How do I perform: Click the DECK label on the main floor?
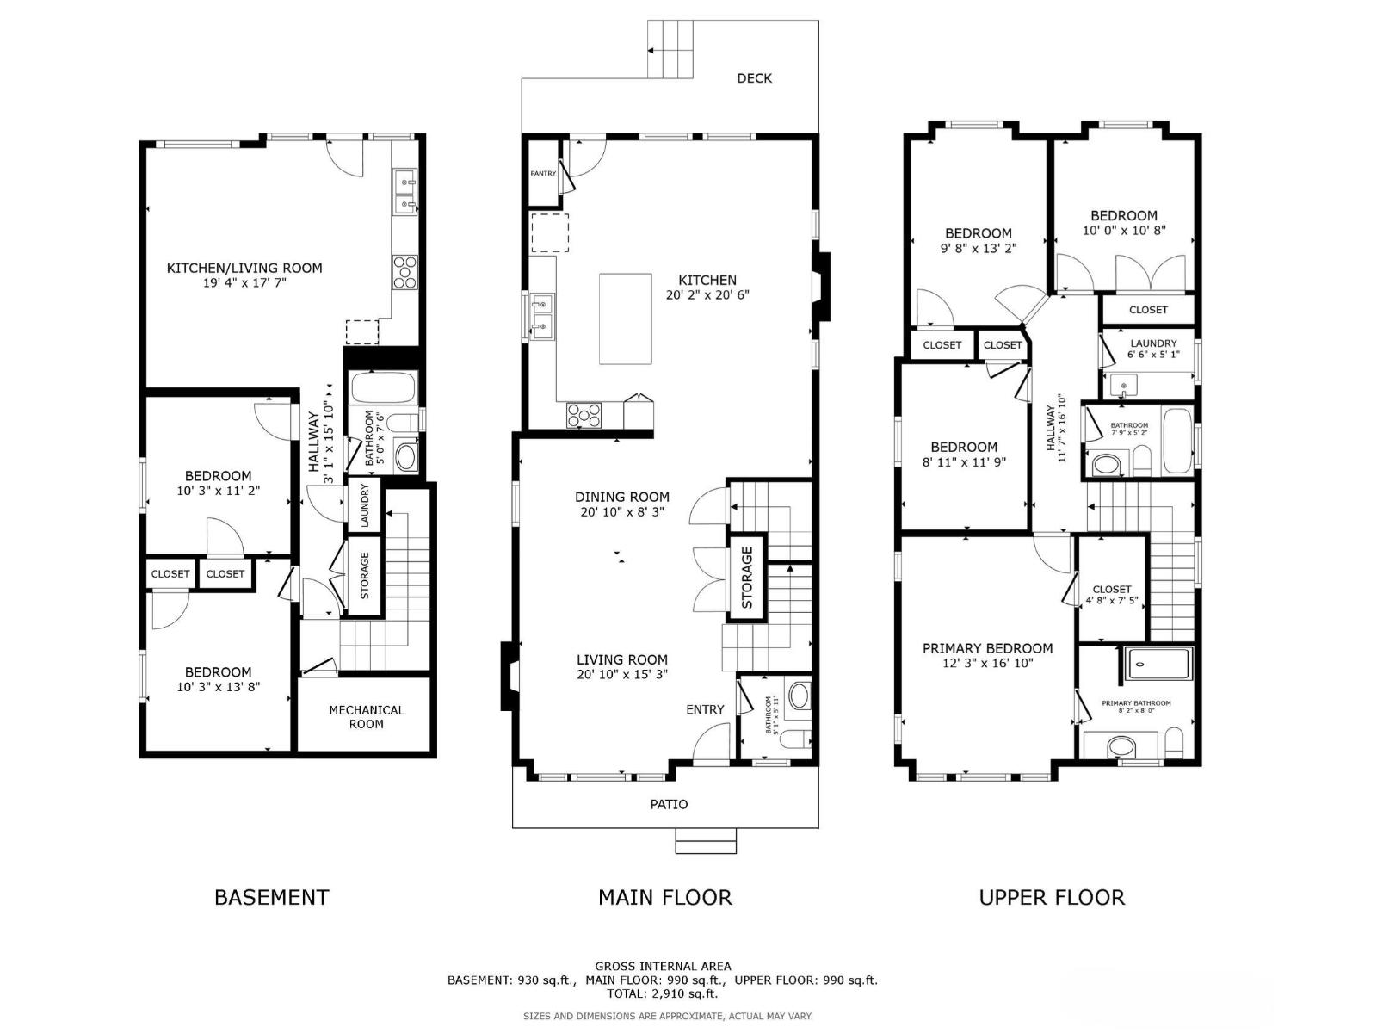coord(755,78)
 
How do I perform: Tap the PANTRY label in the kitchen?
coord(543,173)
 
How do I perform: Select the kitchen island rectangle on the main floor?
coord(626,319)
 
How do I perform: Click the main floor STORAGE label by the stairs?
coord(747,578)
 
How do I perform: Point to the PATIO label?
coord(669,804)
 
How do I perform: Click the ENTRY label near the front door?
coord(705,709)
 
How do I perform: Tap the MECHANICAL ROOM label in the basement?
coord(366,716)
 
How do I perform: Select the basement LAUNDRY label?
coord(364,505)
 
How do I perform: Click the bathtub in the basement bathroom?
coord(384,388)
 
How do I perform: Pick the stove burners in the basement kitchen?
coord(404,272)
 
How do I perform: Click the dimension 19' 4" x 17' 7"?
coord(244,282)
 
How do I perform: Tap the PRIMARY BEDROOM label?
coord(987,648)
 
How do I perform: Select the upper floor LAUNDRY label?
coord(1153,343)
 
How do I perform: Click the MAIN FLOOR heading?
coord(664,897)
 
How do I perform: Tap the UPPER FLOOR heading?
coord(1052,897)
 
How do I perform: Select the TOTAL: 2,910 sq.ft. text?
coord(663,993)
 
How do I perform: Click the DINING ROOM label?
coord(622,497)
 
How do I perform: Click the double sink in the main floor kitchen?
coord(542,314)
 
